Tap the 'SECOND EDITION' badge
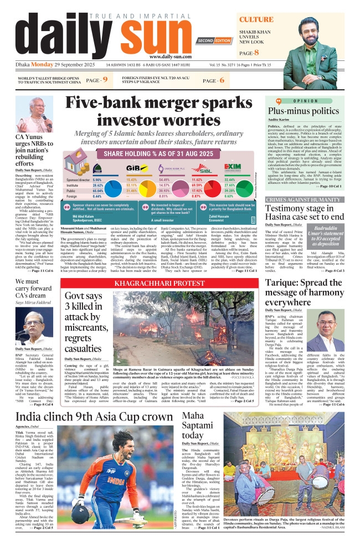click(213, 41)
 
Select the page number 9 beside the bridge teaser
click(105, 81)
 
